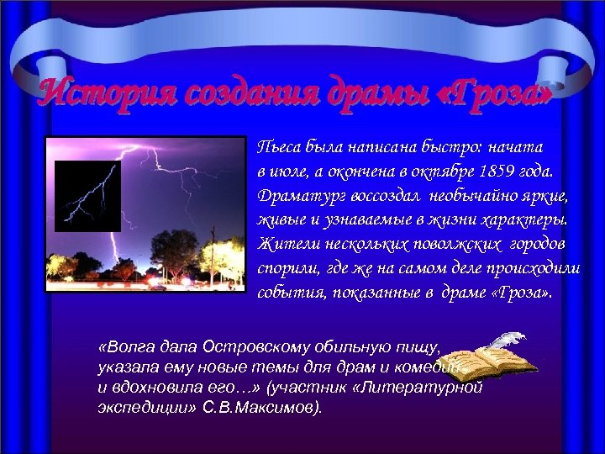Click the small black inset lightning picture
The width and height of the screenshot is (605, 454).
point(87,196)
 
